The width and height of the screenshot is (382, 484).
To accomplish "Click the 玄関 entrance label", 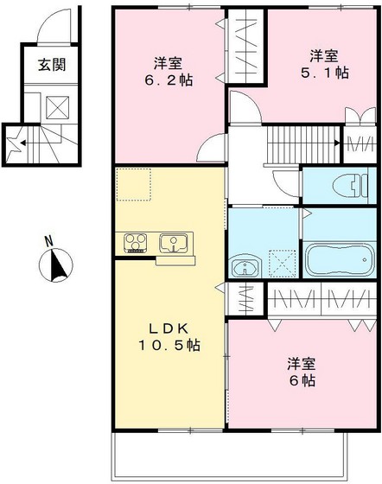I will [x=48, y=64].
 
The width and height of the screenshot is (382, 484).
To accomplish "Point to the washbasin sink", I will [x=245, y=267].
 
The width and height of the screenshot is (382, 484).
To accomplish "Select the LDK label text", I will [x=169, y=328].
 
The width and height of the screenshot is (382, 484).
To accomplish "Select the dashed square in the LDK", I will [x=134, y=184].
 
